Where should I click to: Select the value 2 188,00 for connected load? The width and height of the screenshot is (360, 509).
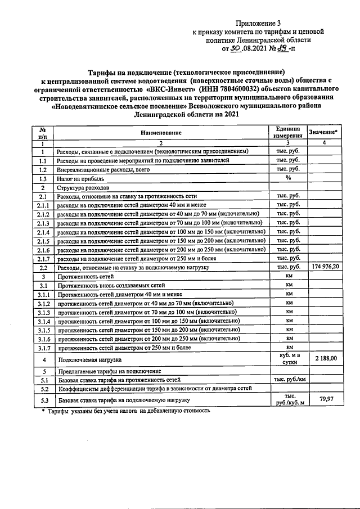[326, 358]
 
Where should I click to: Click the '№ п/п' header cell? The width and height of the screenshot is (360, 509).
[42, 132]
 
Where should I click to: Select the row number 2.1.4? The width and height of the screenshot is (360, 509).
[42, 231]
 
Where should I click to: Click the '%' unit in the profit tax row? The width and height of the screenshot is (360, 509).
[287, 178]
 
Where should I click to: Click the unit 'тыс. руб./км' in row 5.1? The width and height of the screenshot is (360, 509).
[287, 380]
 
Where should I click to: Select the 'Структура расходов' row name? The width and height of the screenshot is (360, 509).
[85, 187]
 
